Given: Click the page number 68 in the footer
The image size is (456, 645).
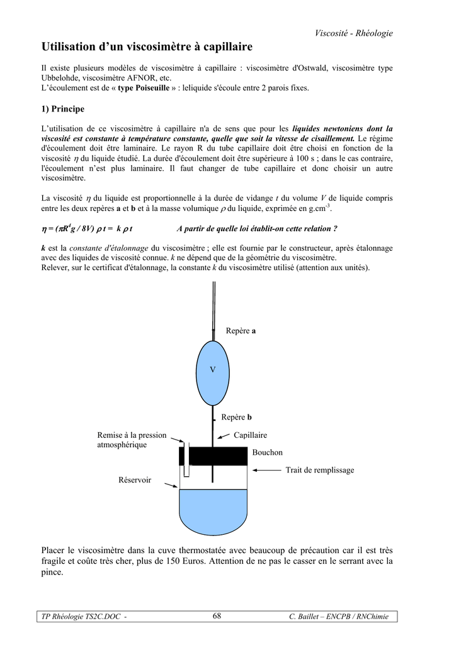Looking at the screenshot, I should [x=217, y=616].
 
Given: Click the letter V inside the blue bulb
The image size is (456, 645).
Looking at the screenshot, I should [x=213, y=370].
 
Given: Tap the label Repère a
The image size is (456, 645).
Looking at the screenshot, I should [x=241, y=331].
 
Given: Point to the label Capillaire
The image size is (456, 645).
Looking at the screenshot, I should [x=250, y=435].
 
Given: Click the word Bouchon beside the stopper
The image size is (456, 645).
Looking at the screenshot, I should [x=267, y=453].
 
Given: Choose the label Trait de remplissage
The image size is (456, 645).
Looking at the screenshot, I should [x=320, y=470].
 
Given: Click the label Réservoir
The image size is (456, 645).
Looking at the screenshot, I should [x=135, y=480].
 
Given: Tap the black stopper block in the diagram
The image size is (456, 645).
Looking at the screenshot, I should [x=214, y=455].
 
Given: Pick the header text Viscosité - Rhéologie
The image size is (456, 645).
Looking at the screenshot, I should [x=353, y=33].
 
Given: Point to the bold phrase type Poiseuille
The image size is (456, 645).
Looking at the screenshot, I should [x=144, y=88].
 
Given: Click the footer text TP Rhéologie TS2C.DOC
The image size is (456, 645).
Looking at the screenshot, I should [x=82, y=617].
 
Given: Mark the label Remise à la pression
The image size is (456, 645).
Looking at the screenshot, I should [x=132, y=435].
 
